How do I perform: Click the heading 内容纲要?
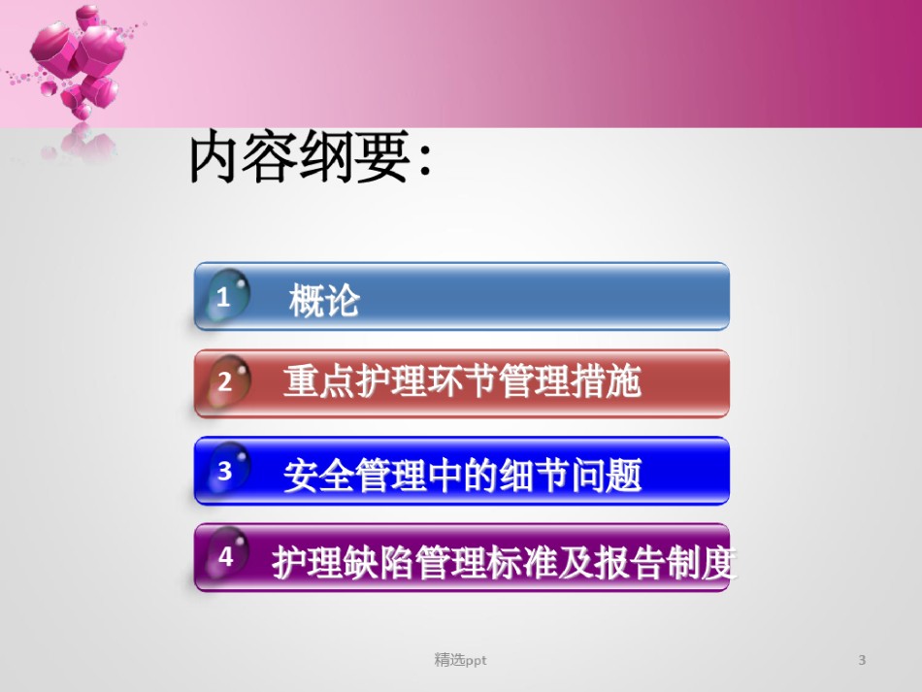pyautogui.click(x=299, y=156)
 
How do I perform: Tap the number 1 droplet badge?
pyautogui.click(x=227, y=295)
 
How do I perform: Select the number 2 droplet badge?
pyautogui.click(x=227, y=382)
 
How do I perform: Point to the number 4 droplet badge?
pyautogui.click(x=227, y=555)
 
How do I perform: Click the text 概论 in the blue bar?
pyautogui.click(x=324, y=300)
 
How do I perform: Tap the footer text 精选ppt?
pyautogui.click(x=460, y=660)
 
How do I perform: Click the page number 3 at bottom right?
pyautogui.click(x=862, y=660)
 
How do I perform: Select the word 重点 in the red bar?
pyautogui.click(x=319, y=381)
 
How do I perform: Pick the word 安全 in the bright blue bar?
pyautogui.click(x=319, y=475)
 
